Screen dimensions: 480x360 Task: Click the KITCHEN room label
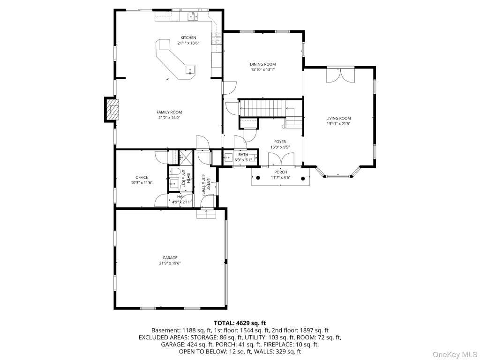(188, 37)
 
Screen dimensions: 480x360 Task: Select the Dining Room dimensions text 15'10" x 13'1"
(262, 69)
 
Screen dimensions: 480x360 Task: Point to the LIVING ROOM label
(338, 118)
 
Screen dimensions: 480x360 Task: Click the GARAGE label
(170, 258)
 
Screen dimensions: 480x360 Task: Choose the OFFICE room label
(142, 177)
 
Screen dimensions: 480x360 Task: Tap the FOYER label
(280, 142)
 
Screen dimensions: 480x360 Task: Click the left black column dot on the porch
(258, 178)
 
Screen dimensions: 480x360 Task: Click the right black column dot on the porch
(303, 178)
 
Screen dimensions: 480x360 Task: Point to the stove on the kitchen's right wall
(216, 38)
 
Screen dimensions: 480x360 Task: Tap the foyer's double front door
(281, 159)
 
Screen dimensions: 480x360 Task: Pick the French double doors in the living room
(340, 75)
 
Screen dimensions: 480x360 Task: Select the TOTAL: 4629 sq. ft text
(240, 323)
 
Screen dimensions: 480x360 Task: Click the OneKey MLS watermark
(455, 354)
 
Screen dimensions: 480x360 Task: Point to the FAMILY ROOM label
(169, 112)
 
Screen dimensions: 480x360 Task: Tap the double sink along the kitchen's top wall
(193, 15)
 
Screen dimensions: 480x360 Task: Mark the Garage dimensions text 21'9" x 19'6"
(170, 263)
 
